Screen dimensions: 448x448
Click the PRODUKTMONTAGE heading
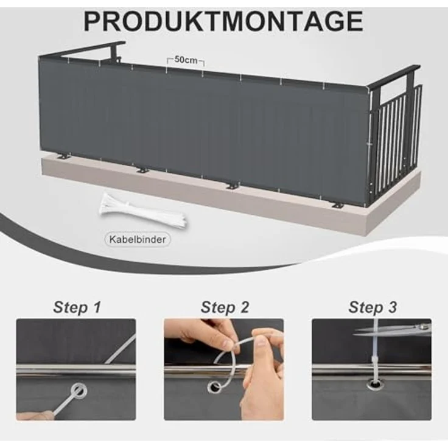223,21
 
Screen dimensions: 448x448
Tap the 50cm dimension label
186,60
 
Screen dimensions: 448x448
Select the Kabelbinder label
138,239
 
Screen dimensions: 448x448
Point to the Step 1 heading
77,307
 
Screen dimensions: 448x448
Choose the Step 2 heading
225,307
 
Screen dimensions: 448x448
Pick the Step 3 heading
373,307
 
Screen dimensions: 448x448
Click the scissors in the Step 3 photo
393,329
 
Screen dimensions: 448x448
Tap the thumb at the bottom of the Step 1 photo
33,415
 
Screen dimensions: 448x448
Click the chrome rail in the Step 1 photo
76,371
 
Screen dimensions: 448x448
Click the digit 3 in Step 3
392,307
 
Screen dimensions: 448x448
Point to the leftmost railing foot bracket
65,156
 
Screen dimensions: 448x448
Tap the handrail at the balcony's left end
83,49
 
